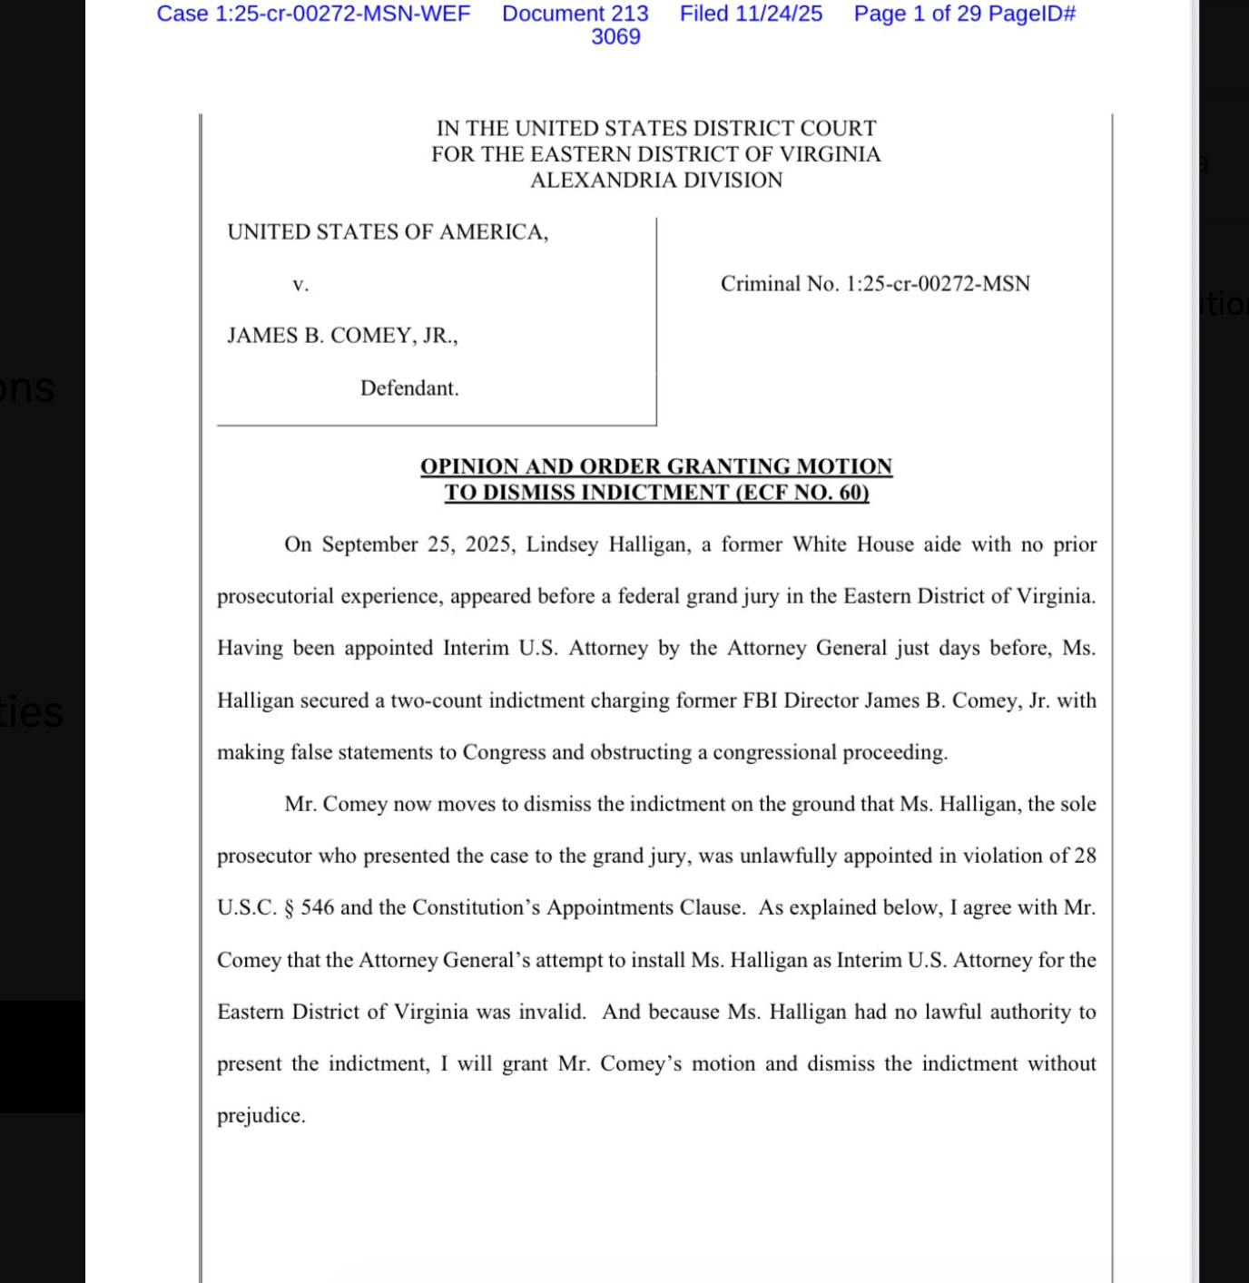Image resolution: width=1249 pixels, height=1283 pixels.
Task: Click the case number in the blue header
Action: (x=313, y=14)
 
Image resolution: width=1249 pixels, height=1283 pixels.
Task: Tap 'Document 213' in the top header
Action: (x=575, y=14)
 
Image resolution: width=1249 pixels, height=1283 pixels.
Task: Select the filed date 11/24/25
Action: (x=779, y=14)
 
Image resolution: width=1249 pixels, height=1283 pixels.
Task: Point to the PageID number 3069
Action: (x=615, y=37)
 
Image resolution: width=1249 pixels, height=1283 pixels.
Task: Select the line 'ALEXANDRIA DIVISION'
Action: (x=655, y=181)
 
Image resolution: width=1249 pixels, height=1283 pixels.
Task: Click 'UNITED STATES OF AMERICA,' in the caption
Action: (x=388, y=232)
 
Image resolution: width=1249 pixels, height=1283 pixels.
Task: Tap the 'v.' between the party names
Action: (x=300, y=285)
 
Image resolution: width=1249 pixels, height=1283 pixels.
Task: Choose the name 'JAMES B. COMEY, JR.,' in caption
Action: (x=342, y=336)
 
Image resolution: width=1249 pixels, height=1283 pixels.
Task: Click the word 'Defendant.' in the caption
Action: (x=409, y=388)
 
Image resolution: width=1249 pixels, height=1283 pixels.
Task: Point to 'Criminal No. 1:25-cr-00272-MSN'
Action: (x=875, y=284)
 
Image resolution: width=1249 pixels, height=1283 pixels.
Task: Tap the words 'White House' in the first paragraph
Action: (x=852, y=544)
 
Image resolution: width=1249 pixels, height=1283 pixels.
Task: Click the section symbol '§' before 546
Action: (x=289, y=908)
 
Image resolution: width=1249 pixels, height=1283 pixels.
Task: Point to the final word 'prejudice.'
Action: (x=261, y=1116)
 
